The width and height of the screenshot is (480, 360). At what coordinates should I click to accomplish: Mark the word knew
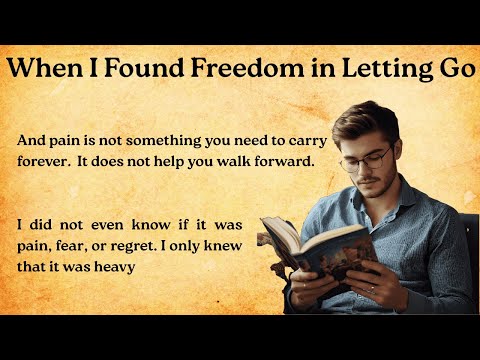[236, 249]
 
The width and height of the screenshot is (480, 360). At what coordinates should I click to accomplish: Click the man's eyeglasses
[366, 158]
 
